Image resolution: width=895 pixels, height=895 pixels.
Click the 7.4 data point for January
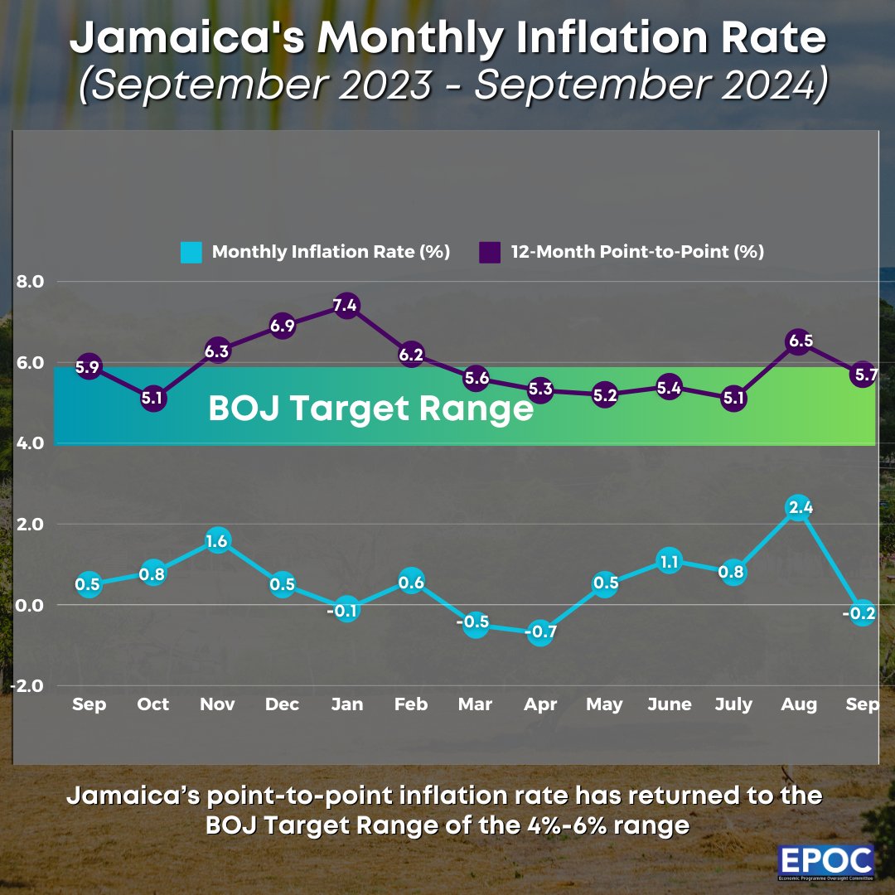coord(347,305)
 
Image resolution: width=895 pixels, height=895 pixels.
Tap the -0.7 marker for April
coord(539,633)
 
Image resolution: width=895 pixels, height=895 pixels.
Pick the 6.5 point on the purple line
coord(798,341)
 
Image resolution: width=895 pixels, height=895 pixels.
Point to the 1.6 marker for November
coord(218,540)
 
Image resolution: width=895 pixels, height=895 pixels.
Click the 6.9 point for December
coord(283,326)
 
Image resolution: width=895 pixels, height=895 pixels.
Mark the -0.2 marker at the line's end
coord(863,613)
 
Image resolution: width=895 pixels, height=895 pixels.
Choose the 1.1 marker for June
coord(669,561)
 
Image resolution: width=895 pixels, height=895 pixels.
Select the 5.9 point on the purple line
coord(88,367)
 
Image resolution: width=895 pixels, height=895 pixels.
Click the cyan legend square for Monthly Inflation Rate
coord(191,252)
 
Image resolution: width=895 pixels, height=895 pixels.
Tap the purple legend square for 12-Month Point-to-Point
coord(490,252)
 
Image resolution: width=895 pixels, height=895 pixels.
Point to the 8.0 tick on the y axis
coord(29,282)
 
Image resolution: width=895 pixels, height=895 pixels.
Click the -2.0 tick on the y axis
coord(27,686)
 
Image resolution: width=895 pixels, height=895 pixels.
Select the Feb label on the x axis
coord(411,704)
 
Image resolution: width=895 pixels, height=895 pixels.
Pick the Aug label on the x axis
coord(798,704)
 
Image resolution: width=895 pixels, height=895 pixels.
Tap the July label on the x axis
coord(733,704)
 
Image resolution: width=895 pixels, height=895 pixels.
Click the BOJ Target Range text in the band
coord(370,409)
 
